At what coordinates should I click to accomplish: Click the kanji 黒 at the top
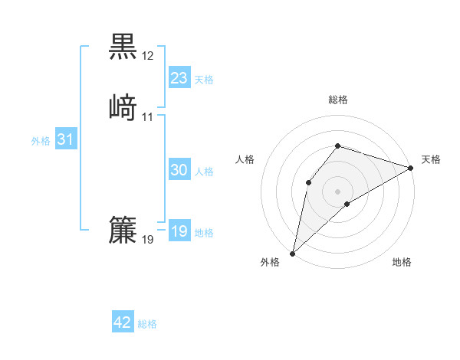point(123,45)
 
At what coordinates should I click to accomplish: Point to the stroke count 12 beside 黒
point(148,56)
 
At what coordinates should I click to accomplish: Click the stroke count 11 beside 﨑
point(148,117)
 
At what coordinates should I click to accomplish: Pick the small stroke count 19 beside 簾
point(148,240)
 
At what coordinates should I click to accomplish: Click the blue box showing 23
point(179,77)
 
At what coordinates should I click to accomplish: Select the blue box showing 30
point(179,170)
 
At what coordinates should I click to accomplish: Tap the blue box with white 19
point(179,231)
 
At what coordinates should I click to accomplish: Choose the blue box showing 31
point(65,139)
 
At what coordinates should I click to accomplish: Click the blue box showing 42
point(123,322)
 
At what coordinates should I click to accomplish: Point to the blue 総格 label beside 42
point(147,324)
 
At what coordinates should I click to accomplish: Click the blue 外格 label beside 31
point(41,141)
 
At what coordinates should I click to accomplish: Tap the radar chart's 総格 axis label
point(337,100)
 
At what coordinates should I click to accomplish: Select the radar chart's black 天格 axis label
point(431,159)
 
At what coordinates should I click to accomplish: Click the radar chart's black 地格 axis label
point(402,263)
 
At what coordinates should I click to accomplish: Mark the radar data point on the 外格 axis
point(292,253)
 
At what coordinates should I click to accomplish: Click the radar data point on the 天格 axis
point(411,168)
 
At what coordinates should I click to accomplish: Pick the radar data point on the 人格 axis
point(308,182)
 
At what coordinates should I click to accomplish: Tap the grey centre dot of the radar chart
point(337,191)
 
